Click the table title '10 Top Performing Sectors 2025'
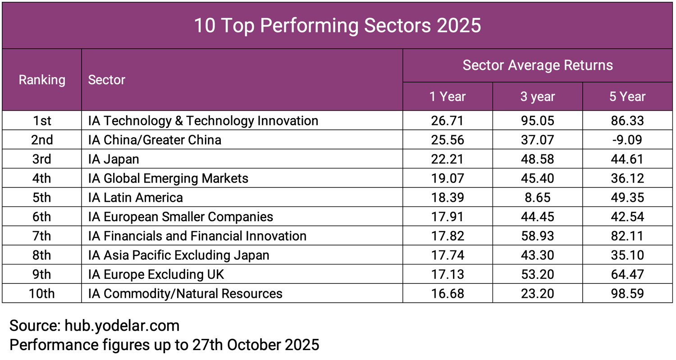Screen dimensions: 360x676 (337, 26)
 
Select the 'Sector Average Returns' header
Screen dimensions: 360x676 (538, 65)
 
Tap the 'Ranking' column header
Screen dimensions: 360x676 (42, 80)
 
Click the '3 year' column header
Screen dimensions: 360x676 (537, 96)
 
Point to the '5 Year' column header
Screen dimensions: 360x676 (627, 96)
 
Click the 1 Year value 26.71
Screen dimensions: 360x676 (447, 121)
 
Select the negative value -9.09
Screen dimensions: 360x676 (627, 140)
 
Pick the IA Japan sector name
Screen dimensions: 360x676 (114, 159)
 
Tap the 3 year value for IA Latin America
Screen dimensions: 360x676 (537, 197)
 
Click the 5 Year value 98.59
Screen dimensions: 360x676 (627, 294)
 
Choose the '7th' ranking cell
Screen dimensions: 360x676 (42, 236)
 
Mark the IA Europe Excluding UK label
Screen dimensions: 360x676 (156, 274)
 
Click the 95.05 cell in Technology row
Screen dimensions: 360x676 (537, 121)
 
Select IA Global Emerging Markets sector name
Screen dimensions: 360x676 (168, 178)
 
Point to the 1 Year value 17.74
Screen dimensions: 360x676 (447, 255)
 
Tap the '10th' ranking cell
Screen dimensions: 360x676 (42, 294)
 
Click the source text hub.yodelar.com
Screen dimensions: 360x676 (122, 325)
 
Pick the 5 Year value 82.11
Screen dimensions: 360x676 (627, 236)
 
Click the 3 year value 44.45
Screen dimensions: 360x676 (537, 217)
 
